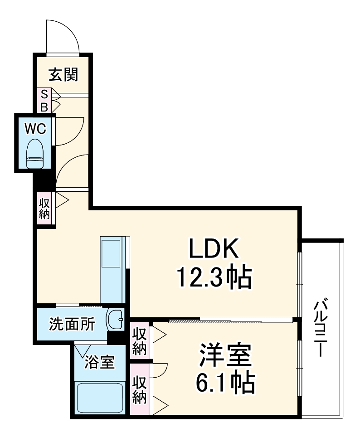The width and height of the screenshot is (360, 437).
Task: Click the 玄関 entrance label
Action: click(63, 74)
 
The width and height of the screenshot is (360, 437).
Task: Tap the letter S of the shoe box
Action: click(44, 94)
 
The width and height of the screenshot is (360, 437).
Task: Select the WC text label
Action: click(35, 129)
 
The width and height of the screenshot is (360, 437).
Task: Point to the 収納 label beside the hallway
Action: click(44, 208)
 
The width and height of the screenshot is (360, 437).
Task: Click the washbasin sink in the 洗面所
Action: click(116, 320)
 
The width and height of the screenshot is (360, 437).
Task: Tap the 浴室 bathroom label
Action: click(99, 362)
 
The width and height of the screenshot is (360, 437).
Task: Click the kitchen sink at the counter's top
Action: click(112, 254)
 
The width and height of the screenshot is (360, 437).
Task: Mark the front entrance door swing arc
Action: click(63, 36)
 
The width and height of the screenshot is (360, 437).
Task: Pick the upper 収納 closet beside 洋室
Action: click(140, 340)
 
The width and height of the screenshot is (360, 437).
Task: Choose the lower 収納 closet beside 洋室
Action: click(140, 389)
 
